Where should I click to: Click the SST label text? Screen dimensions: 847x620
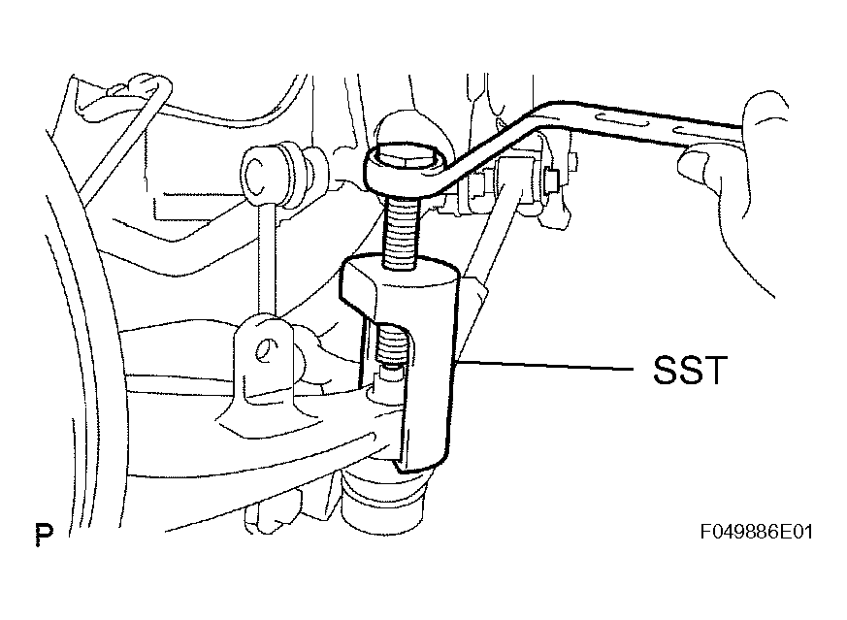[x=690, y=370]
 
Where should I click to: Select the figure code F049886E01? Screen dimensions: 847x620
[x=756, y=532]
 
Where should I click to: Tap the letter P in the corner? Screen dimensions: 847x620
[x=45, y=534]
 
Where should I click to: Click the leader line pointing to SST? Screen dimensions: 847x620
[x=544, y=366]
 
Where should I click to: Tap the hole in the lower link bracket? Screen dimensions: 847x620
[x=266, y=350]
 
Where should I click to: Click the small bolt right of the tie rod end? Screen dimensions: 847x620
[x=551, y=180]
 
